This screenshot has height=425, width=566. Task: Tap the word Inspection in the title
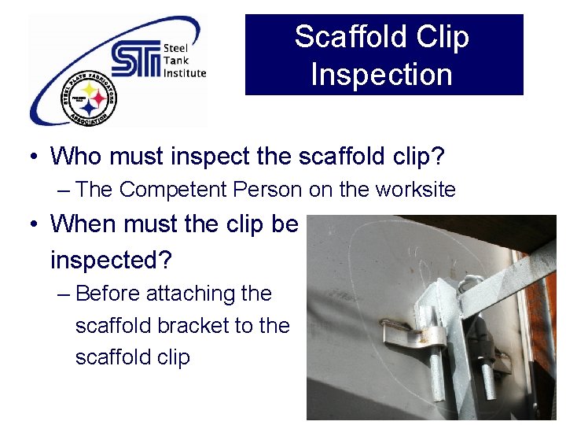click(382, 75)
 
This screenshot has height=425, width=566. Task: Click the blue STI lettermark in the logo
click(134, 60)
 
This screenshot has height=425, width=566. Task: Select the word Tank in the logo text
click(175, 61)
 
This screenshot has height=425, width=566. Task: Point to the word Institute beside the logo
click(185, 73)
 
